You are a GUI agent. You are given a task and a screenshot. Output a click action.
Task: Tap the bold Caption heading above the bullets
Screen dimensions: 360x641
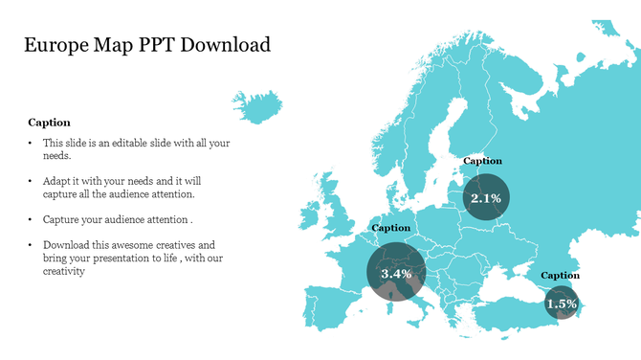[x=49, y=123]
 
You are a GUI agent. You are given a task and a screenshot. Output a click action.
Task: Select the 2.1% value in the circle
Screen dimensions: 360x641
[x=485, y=198]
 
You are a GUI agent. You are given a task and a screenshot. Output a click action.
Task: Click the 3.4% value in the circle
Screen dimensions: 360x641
[x=396, y=273]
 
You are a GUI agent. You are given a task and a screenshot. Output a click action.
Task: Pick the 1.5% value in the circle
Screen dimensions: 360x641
[x=561, y=304]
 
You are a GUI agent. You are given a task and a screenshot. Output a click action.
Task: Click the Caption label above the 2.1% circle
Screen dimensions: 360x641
[x=482, y=161]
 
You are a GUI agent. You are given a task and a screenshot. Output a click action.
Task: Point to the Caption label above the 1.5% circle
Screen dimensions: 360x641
[x=560, y=276]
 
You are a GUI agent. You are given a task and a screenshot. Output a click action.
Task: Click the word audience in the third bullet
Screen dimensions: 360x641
[x=136, y=219]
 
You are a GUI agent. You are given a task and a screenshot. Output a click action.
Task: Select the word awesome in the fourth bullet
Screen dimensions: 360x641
[x=144, y=245]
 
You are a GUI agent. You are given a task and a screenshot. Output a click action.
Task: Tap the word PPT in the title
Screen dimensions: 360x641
[x=155, y=45]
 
